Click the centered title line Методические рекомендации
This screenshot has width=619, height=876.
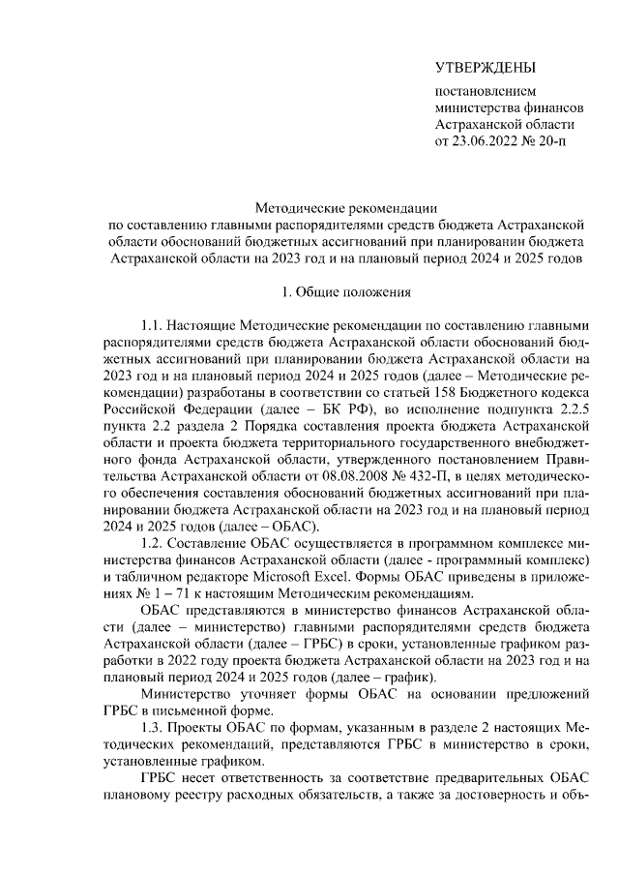point(346,207)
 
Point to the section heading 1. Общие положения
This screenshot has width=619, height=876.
point(346,291)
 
